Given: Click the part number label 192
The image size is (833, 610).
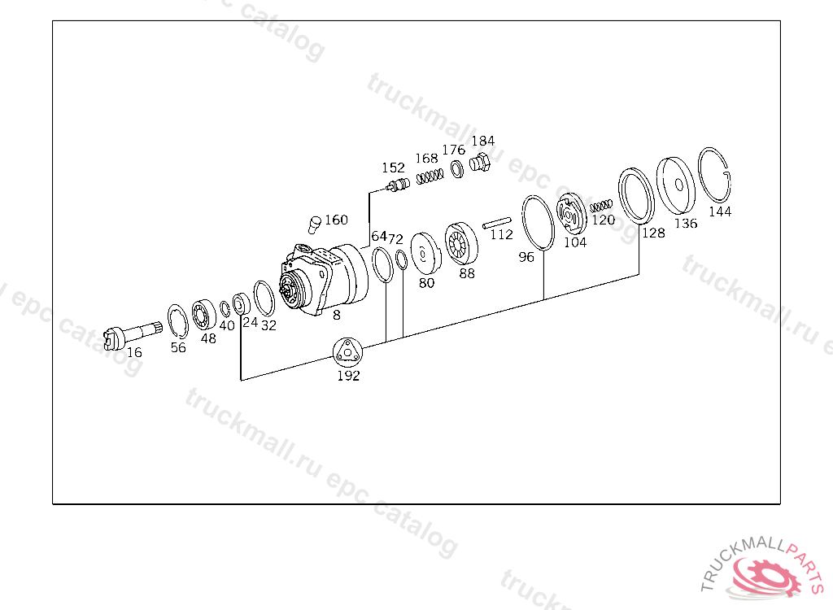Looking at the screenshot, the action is pyautogui.click(x=348, y=376).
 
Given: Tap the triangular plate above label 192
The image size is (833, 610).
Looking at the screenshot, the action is pyautogui.click(x=347, y=351).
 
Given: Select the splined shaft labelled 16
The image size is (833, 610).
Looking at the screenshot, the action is pyautogui.click(x=133, y=335).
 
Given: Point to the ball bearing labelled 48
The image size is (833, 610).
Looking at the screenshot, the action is pyautogui.click(x=204, y=315).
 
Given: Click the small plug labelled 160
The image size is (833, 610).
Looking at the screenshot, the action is pyautogui.click(x=315, y=224).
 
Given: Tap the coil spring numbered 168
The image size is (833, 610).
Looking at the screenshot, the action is pyautogui.click(x=430, y=176).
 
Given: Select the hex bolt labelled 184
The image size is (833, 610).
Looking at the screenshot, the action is pyautogui.click(x=480, y=162).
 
